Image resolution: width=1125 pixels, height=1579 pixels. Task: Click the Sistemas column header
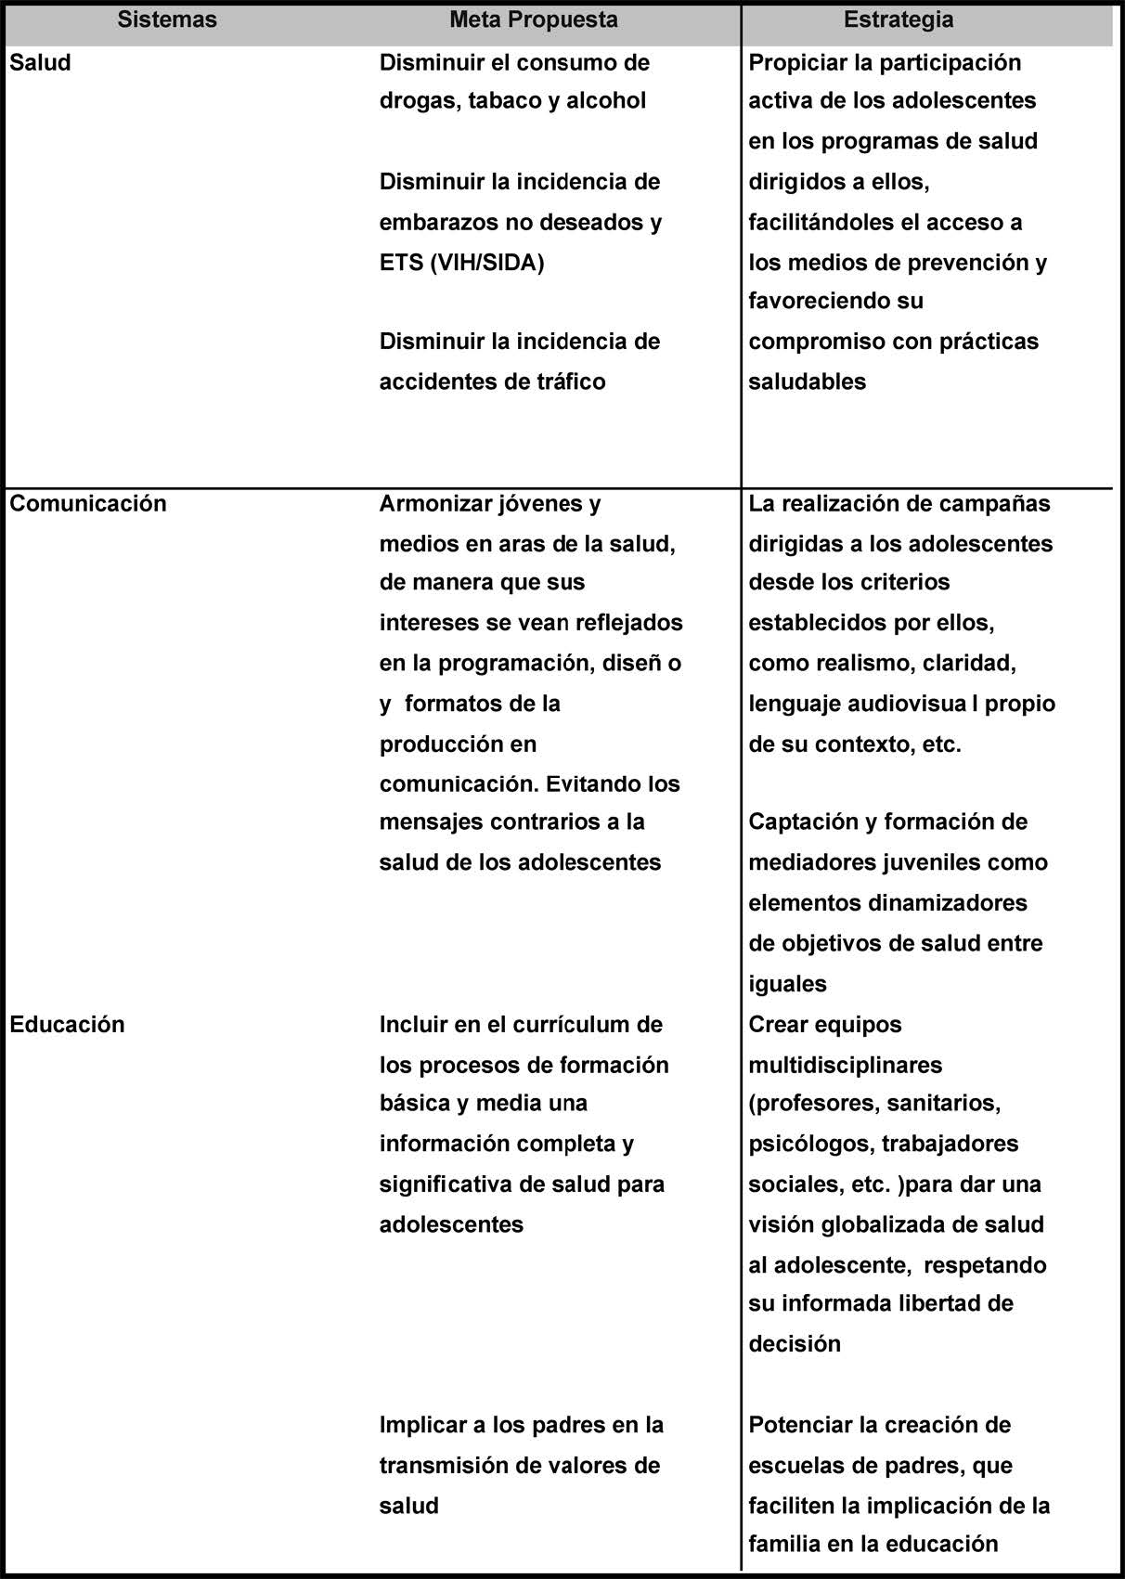pyautogui.click(x=167, y=20)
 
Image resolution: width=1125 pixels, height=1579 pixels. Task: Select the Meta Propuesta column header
pyautogui.click(x=534, y=20)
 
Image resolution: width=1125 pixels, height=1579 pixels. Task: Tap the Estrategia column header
pyautogui.click(x=898, y=20)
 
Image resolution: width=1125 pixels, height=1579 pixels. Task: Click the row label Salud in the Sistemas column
pyautogui.click(x=40, y=63)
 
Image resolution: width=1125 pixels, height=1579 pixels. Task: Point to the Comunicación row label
pyautogui.click(x=88, y=504)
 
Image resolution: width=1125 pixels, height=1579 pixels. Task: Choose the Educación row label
pyautogui.click(x=67, y=1025)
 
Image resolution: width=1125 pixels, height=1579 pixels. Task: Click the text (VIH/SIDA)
pyautogui.click(x=487, y=263)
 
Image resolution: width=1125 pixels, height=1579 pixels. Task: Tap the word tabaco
pyautogui.click(x=503, y=101)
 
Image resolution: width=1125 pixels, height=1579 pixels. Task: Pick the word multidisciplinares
pyautogui.click(x=846, y=1066)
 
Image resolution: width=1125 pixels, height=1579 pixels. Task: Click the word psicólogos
pyautogui.click(x=808, y=1145)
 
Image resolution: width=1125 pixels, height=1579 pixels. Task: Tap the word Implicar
pyautogui.click(x=420, y=1426)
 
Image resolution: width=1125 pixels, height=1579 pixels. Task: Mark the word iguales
pyautogui.click(x=787, y=984)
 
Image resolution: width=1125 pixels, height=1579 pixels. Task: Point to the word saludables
pyautogui.click(x=807, y=382)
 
